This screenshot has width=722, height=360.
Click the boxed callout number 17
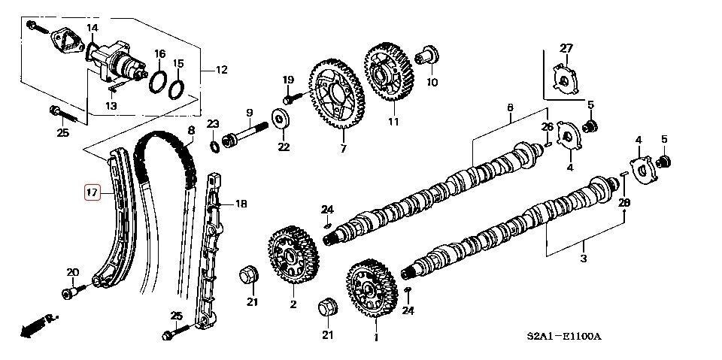point(92,192)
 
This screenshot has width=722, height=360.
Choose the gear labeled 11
point(390,74)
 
